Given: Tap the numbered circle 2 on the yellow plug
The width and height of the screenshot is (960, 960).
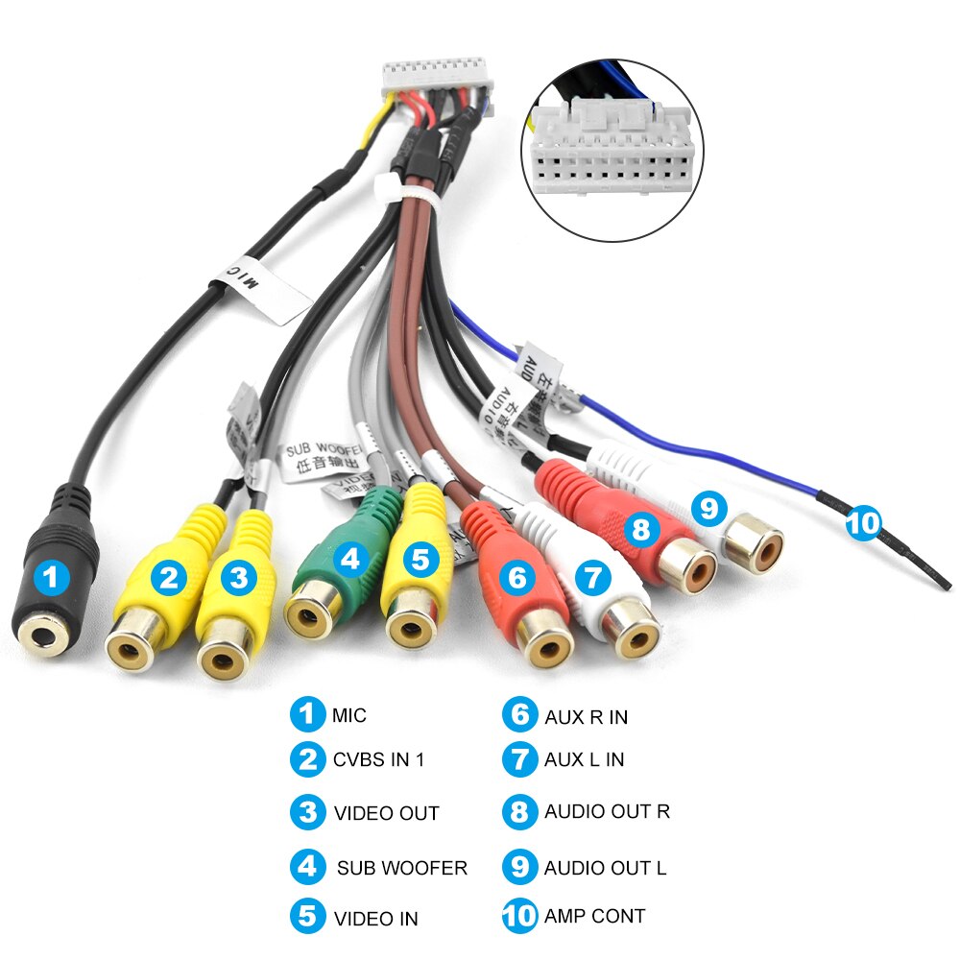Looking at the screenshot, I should (171, 577).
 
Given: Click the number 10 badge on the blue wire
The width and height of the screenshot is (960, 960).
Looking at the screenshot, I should (862, 523).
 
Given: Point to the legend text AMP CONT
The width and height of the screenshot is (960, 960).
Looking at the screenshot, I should (594, 916).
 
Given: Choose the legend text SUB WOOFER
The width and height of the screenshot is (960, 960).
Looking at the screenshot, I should (401, 868).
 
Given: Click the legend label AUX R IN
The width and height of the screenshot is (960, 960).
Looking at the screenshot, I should (586, 716).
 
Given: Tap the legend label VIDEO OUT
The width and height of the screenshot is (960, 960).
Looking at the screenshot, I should (386, 813).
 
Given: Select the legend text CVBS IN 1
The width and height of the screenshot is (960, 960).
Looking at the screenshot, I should (378, 759).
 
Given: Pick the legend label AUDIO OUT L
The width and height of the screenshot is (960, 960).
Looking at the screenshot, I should (605, 868).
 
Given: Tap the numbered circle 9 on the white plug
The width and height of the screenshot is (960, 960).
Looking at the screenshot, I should (708, 508).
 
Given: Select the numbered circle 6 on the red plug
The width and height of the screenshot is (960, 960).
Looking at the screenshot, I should (518, 577).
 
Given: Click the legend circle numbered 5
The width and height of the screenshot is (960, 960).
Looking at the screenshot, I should (307, 916).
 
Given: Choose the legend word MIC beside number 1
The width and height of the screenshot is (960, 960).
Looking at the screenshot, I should (349, 715).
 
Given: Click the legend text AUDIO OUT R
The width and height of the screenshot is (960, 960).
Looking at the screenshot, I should (607, 811).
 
